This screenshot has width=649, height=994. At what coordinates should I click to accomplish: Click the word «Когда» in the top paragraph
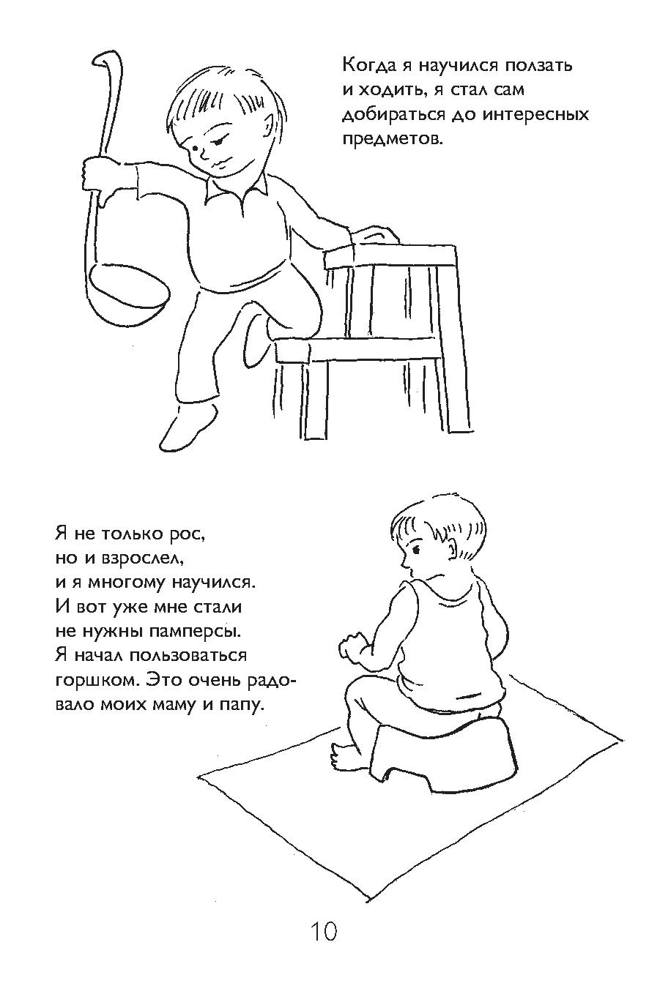point(369,66)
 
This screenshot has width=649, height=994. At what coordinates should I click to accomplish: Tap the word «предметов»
point(393,140)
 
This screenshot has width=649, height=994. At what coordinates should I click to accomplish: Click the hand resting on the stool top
point(374,235)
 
